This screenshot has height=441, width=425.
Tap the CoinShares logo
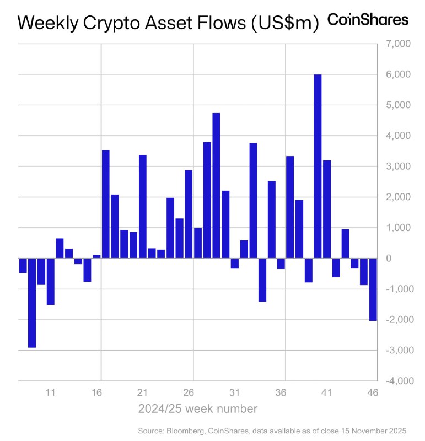368,20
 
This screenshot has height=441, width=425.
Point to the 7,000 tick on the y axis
396,44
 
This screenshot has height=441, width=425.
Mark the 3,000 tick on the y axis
396,166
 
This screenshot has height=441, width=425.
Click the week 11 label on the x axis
50,393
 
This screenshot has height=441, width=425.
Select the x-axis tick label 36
280,393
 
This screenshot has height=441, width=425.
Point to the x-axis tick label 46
373,393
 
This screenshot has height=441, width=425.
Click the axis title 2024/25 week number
197,409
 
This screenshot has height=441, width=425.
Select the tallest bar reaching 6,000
318,166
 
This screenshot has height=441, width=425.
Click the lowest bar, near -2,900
32,303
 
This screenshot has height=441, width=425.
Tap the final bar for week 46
373,289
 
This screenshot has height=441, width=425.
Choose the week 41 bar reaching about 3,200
327,209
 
